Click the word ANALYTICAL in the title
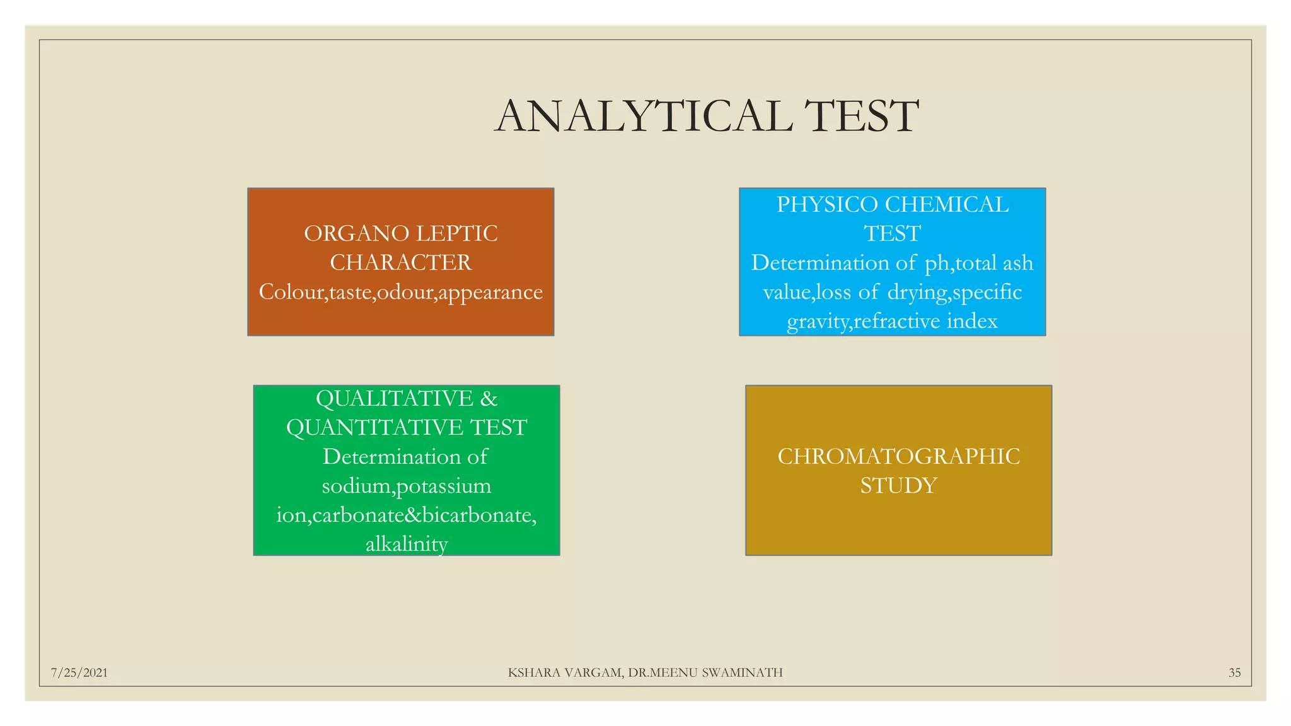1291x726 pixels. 644,117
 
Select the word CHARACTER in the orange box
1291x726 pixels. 400,263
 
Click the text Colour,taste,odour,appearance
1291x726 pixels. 400,292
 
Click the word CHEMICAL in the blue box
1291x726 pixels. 946,205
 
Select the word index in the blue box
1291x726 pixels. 972,321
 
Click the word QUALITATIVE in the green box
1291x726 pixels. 394,398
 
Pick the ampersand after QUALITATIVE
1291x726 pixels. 489,399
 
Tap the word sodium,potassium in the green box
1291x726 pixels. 407,486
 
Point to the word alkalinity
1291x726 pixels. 407,544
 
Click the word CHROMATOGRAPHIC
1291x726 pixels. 898,456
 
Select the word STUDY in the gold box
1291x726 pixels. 898,486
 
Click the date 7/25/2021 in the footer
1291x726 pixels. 79,673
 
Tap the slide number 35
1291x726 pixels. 1234,673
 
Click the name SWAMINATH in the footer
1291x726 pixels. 742,673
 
